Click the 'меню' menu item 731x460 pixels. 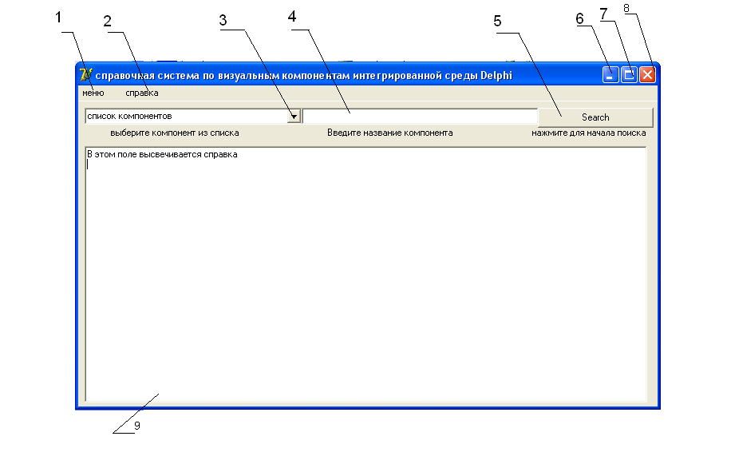pyautogui.click(x=93, y=93)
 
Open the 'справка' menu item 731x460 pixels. pyautogui.click(x=142, y=93)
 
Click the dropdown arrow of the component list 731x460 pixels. pyautogui.click(x=294, y=117)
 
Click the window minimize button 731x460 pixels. pyautogui.click(x=610, y=75)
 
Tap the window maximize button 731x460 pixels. pyautogui.click(x=629, y=75)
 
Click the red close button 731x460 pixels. pyautogui.click(x=647, y=75)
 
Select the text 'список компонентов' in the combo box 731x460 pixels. pyautogui.click(x=129, y=117)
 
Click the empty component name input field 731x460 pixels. pyautogui.click(x=420, y=117)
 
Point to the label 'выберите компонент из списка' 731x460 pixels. pyautogui.click(x=175, y=133)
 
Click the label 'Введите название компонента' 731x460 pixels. pyautogui.click(x=389, y=133)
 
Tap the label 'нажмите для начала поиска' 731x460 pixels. pyautogui.click(x=589, y=133)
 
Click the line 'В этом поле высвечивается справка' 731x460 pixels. pyautogui.click(x=162, y=154)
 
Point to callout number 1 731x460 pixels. pyautogui.click(x=57, y=17)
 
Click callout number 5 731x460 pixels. pyautogui.click(x=498, y=21)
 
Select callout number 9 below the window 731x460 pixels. pyautogui.click(x=136, y=426)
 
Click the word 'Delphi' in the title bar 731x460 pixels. pyautogui.click(x=496, y=76)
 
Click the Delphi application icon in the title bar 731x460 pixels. pyautogui.click(x=85, y=75)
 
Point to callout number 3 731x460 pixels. pyautogui.click(x=223, y=20)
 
